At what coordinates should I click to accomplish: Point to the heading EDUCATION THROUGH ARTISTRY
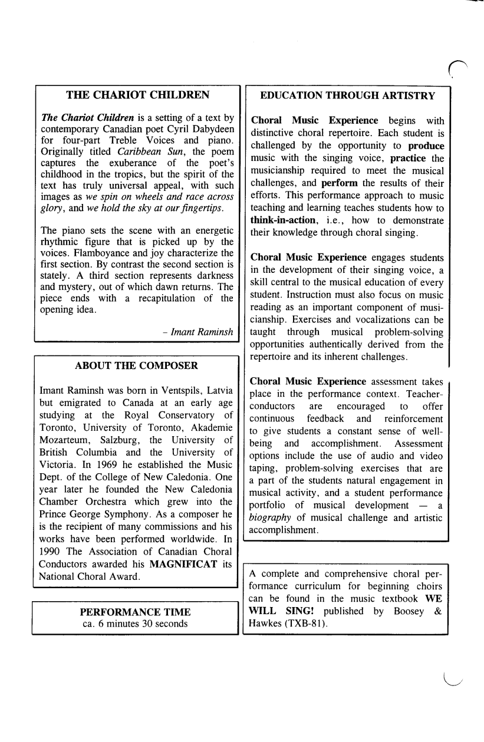(x=348, y=95)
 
